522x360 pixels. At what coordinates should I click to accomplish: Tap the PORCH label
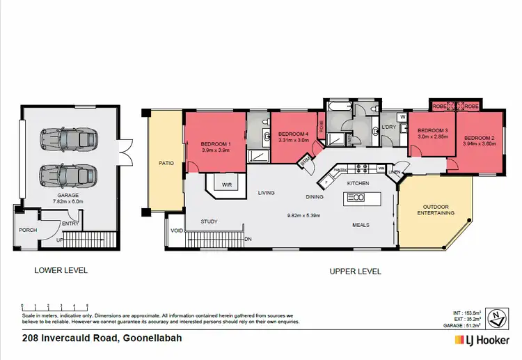pyautogui.click(x=28, y=230)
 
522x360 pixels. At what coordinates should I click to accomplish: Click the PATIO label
pyautogui.click(x=166, y=164)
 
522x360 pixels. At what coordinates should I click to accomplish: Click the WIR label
pyautogui.click(x=227, y=185)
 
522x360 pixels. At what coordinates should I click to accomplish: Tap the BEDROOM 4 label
pyautogui.click(x=293, y=134)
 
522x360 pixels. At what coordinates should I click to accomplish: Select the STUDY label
pyautogui.click(x=209, y=221)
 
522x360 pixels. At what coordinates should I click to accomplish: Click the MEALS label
pyautogui.click(x=360, y=225)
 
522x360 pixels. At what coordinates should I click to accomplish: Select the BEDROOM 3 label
pyautogui.click(x=432, y=131)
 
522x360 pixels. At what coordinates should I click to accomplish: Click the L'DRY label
pyautogui.click(x=388, y=127)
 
